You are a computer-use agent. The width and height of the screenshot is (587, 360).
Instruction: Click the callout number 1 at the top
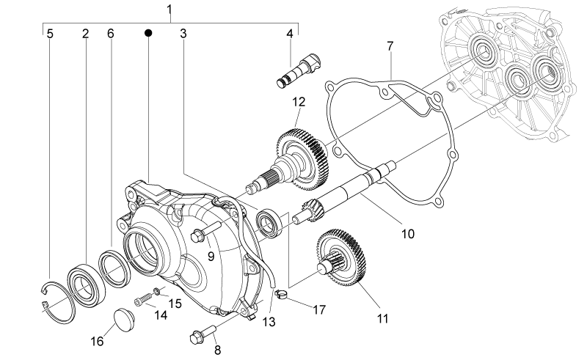click(169, 9)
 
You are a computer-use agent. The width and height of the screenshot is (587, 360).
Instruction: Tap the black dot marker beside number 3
click(149, 33)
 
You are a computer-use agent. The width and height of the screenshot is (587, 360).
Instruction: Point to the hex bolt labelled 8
click(203, 334)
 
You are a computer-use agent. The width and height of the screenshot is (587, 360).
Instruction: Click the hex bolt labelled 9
click(206, 230)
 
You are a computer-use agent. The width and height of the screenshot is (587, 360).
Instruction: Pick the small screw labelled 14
click(143, 299)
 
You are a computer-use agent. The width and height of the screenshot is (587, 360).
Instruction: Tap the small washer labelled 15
click(158, 290)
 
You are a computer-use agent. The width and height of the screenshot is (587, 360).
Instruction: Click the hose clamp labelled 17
click(281, 294)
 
